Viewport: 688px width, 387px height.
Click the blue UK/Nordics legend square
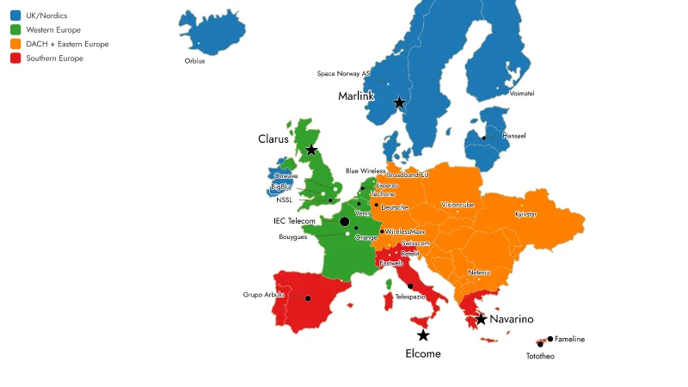(15, 16)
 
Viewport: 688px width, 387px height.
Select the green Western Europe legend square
(15, 30)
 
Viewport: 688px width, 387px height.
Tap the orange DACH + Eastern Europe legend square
(15, 44)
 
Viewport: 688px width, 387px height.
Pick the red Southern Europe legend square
(15, 58)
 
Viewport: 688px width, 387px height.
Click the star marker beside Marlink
(399, 102)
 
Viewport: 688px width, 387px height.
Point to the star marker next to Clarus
(311, 150)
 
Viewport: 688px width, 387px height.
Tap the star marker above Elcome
(422, 335)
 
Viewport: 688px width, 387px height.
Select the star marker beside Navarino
(481, 319)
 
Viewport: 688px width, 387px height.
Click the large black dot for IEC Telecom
(345, 222)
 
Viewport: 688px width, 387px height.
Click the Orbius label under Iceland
(195, 61)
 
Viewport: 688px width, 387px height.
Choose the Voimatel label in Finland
(522, 93)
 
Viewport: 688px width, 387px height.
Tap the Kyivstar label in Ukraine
(525, 214)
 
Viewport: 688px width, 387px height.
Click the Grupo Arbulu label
(263, 295)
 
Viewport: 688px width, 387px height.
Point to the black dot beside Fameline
(550, 339)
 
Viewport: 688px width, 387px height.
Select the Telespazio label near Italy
(410, 297)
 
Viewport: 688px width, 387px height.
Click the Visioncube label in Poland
(457, 206)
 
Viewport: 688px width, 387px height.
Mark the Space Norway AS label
(343, 74)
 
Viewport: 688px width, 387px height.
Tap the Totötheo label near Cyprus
(540, 356)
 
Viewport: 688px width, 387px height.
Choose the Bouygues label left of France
(293, 237)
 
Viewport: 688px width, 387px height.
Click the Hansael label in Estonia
(514, 136)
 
